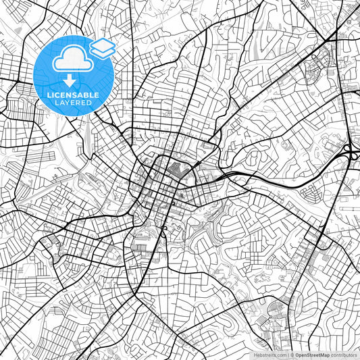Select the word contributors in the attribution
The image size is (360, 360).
[344, 355]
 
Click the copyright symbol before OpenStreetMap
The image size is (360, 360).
[292, 355]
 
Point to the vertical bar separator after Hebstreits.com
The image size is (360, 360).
[288, 355]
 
